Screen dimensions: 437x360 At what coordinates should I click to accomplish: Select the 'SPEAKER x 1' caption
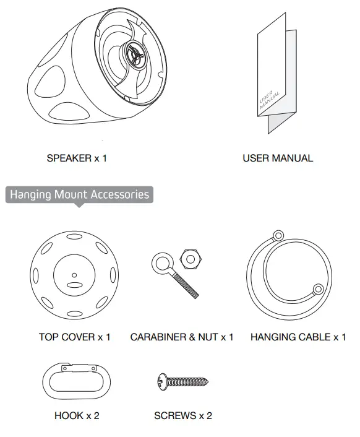(77, 158)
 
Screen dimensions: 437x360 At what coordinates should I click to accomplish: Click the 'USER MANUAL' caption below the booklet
(278, 158)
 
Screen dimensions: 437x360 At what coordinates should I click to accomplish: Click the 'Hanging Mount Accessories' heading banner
(79, 195)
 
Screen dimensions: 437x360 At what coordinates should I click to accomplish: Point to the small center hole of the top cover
(74, 275)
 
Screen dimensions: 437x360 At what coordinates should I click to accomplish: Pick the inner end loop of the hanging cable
(318, 288)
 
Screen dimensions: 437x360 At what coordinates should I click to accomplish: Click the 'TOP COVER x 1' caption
(74, 337)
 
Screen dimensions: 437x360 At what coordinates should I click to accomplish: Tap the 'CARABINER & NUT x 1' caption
(182, 337)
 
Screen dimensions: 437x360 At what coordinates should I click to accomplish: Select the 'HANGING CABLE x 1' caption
(298, 337)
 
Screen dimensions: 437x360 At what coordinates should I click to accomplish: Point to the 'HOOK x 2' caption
(77, 416)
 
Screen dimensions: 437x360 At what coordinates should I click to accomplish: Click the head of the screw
(162, 384)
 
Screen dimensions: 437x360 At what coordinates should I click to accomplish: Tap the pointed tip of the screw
(208, 384)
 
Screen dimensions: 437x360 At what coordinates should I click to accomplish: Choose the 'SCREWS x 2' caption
(183, 416)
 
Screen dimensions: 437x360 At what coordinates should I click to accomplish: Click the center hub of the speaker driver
(134, 53)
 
